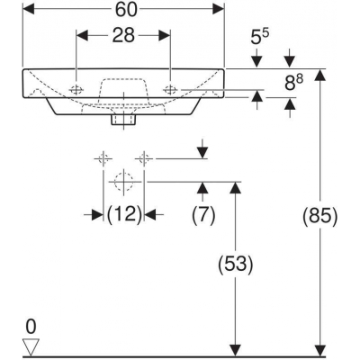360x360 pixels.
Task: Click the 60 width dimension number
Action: (x=126, y=10)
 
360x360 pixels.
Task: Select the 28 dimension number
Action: (x=123, y=36)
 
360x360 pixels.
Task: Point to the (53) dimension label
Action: (x=236, y=265)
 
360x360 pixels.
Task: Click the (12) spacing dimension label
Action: (x=124, y=214)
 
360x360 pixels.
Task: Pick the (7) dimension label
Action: (x=203, y=215)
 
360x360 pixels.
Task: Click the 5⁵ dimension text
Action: (x=259, y=38)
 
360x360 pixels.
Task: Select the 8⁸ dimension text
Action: (x=293, y=83)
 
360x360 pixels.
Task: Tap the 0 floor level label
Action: (x=31, y=327)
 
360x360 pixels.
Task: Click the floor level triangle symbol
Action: (x=31, y=347)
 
